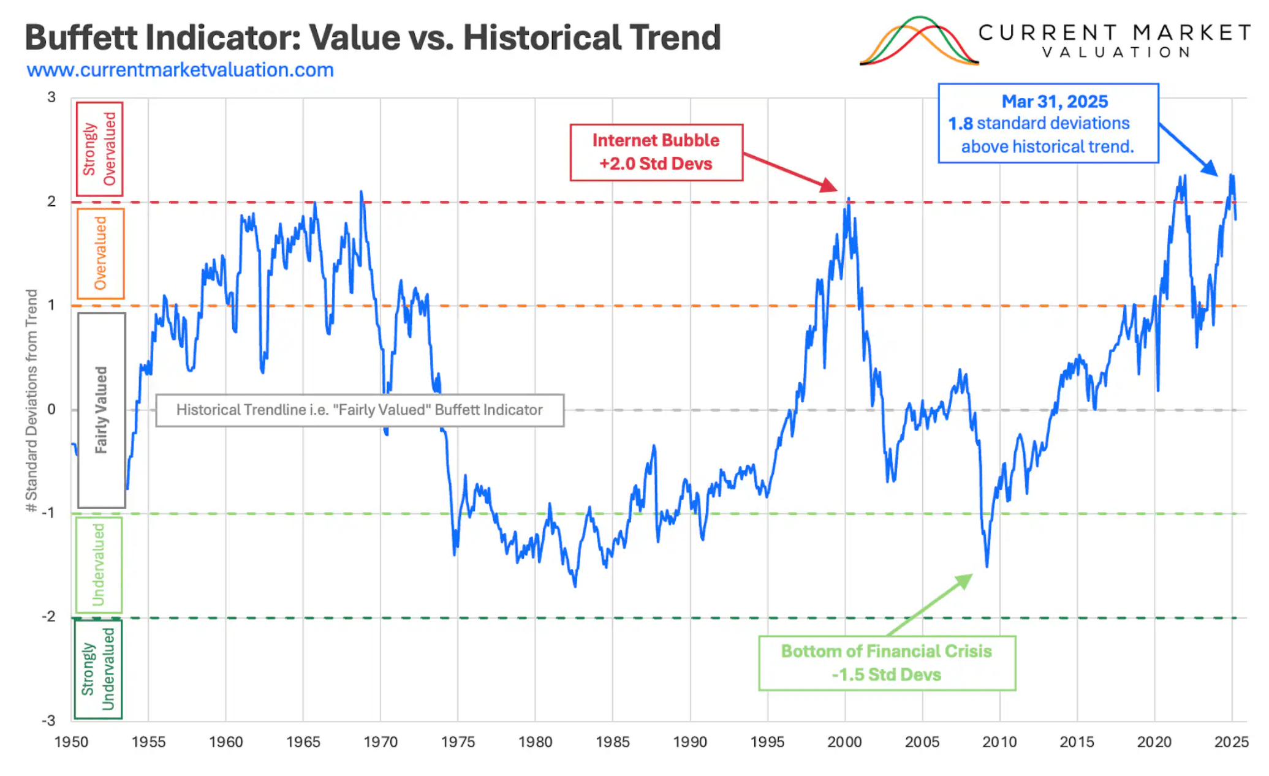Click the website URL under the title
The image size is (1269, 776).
click(x=180, y=70)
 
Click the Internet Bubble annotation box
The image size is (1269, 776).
click(x=656, y=153)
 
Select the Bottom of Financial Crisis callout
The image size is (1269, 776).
click(x=886, y=663)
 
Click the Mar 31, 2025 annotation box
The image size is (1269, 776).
click(x=1048, y=123)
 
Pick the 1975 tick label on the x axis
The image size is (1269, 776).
click(x=458, y=742)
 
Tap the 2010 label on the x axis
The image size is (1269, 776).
click(x=999, y=742)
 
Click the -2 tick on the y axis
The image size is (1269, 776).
click(x=48, y=617)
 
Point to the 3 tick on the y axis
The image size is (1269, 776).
click(x=51, y=97)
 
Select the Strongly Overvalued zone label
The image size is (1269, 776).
click(x=99, y=149)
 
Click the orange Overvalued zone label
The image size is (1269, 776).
click(x=100, y=254)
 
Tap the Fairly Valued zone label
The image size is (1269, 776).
click(x=101, y=410)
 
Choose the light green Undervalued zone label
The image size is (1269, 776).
click(x=99, y=565)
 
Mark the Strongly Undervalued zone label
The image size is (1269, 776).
click(x=98, y=669)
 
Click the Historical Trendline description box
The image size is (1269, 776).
click(x=360, y=410)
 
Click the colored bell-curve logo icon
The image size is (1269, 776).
click(x=919, y=42)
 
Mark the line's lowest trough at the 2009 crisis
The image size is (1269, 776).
click(x=987, y=566)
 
